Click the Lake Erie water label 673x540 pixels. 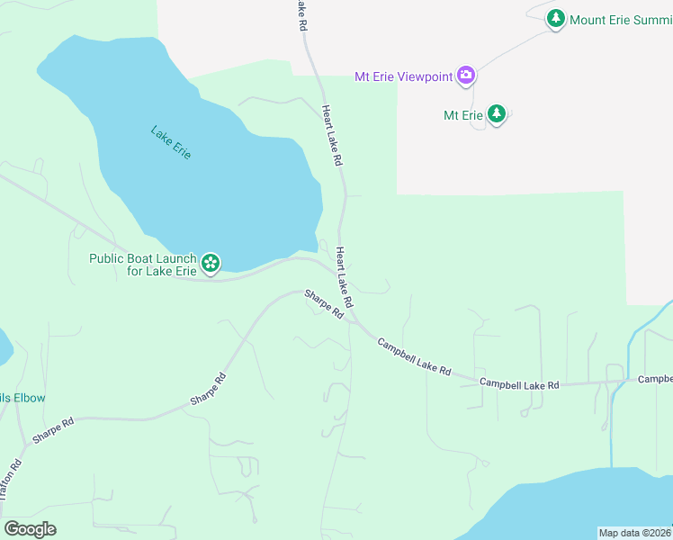click(x=171, y=143)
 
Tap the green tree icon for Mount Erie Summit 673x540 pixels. click(x=556, y=18)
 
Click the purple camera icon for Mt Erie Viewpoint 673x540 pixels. click(x=466, y=76)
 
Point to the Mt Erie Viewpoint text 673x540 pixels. click(x=403, y=76)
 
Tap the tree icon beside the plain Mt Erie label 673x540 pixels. click(x=496, y=114)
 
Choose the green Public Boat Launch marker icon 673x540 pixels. click(x=211, y=264)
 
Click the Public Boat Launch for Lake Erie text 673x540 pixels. click(x=143, y=265)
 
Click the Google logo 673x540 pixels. click(x=30, y=528)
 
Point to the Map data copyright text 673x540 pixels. click(x=634, y=533)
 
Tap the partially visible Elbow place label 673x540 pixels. click(x=22, y=398)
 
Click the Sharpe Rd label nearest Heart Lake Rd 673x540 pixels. click(x=324, y=304)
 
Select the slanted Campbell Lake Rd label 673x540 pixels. click(x=414, y=356)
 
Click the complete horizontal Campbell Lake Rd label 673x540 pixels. click(x=519, y=384)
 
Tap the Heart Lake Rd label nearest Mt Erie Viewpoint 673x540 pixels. click(x=333, y=135)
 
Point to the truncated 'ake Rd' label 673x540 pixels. click(x=300, y=16)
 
